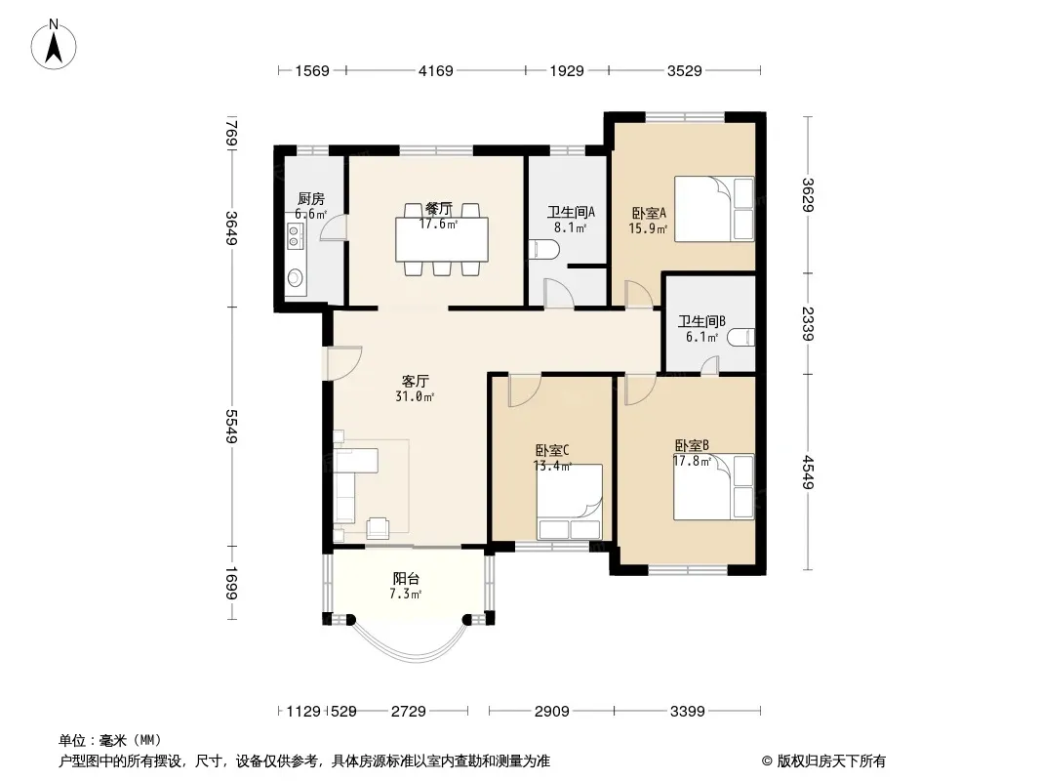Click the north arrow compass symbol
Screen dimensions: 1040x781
[x=54, y=44]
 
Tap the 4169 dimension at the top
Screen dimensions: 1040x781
[x=436, y=70]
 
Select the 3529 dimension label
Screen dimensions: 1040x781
[x=685, y=70]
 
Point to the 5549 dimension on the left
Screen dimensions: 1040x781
[x=231, y=427]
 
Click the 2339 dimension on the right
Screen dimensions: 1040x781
[x=807, y=324]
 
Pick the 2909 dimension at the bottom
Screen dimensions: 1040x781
[x=552, y=712]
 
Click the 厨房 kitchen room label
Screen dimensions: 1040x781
[x=311, y=198]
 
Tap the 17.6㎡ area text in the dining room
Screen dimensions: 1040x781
[x=438, y=225]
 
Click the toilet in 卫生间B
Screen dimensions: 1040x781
[x=740, y=338]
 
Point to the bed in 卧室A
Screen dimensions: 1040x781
[x=714, y=208]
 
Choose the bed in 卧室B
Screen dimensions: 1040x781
[x=714, y=487]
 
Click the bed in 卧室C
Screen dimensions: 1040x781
[x=569, y=503]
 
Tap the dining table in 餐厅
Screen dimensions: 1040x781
[x=442, y=239]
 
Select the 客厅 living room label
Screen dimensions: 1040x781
[x=416, y=381]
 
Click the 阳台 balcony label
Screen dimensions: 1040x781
[x=406, y=579]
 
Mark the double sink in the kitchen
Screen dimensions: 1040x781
[x=295, y=236]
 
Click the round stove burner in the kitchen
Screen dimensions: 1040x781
[x=295, y=275]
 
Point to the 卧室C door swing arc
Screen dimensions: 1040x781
[x=525, y=391]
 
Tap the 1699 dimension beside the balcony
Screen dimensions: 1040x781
[x=231, y=583]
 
